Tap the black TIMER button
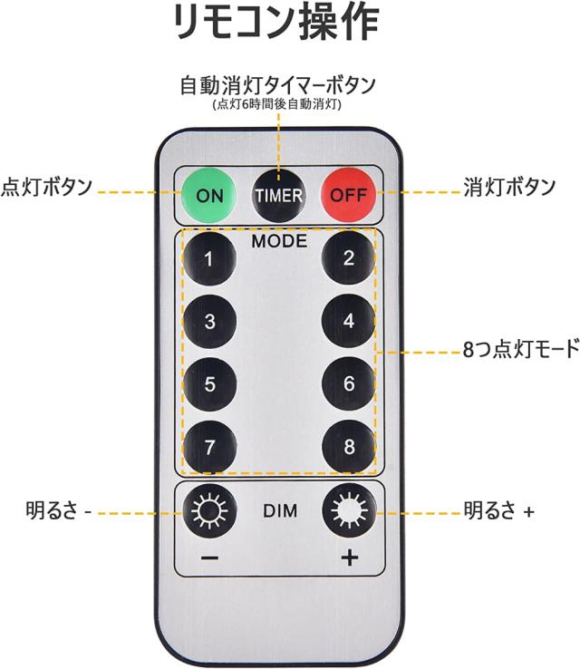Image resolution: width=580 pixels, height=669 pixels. click(x=279, y=194)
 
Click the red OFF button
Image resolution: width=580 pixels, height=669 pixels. click(x=348, y=194)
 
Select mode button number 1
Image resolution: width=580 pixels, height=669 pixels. click(x=209, y=259)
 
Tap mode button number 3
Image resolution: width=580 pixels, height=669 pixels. click(x=209, y=321)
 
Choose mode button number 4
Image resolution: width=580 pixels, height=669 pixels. click(x=349, y=321)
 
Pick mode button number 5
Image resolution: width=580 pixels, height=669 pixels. click(x=209, y=383)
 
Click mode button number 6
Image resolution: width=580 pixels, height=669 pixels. click(x=349, y=383)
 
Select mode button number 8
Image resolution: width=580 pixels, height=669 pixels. click(x=349, y=446)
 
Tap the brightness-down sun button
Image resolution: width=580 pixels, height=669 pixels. click(x=209, y=513)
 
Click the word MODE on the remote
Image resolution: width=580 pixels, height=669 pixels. click(x=279, y=242)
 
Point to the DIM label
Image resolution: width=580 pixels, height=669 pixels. click(x=280, y=512)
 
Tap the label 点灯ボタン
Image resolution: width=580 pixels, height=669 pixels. click(x=46, y=188)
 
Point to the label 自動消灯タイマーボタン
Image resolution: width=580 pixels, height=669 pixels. click(x=277, y=86)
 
